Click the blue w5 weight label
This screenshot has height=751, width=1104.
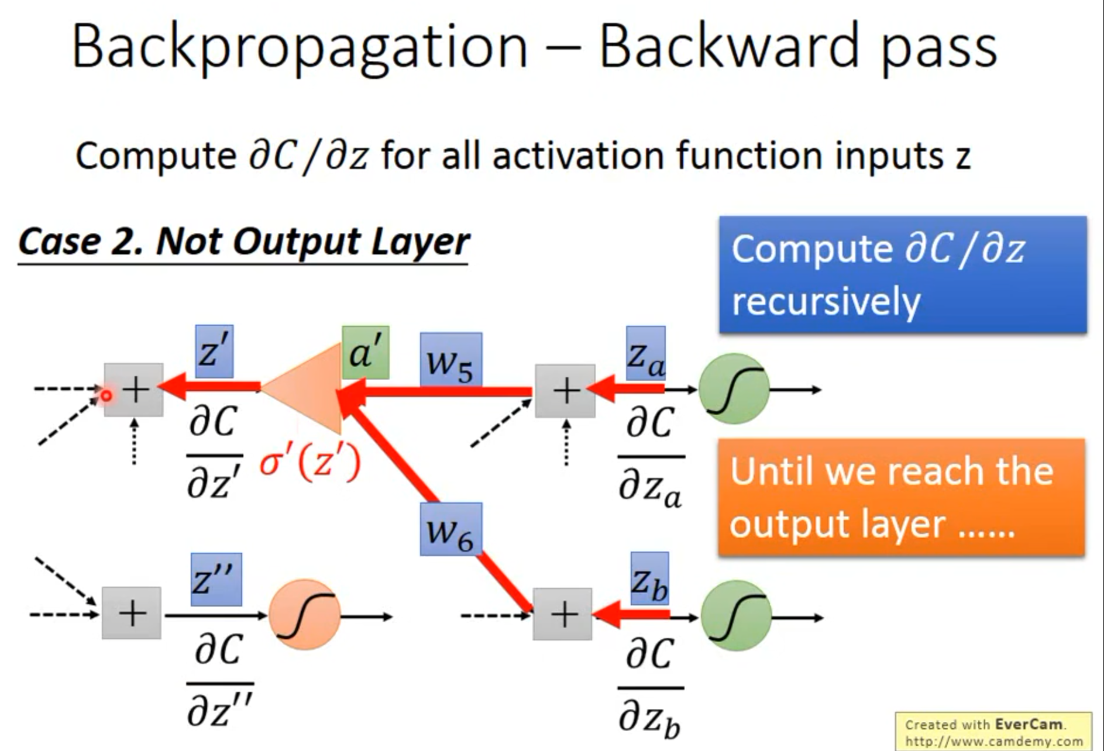click(x=451, y=359)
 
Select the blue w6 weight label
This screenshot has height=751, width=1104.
click(x=451, y=529)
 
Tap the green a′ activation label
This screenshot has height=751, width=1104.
click(x=365, y=353)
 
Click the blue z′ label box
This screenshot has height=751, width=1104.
click(x=214, y=351)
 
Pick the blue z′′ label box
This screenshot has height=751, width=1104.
click(x=216, y=579)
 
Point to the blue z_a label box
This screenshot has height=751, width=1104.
click(x=645, y=353)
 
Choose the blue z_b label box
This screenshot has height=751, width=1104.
click(x=649, y=578)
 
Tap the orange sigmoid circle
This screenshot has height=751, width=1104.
click(x=305, y=614)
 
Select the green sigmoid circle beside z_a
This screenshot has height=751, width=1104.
click(x=734, y=388)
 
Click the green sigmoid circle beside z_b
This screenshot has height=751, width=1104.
click(x=736, y=616)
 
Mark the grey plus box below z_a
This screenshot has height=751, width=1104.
click(x=565, y=391)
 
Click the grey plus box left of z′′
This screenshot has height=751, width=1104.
click(x=132, y=613)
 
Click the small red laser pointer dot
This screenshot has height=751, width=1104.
click(x=106, y=396)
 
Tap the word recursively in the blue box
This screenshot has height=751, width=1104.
click(x=826, y=302)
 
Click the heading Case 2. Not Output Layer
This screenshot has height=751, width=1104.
click(x=243, y=242)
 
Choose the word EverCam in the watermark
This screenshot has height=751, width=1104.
click(x=1029, y=724)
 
